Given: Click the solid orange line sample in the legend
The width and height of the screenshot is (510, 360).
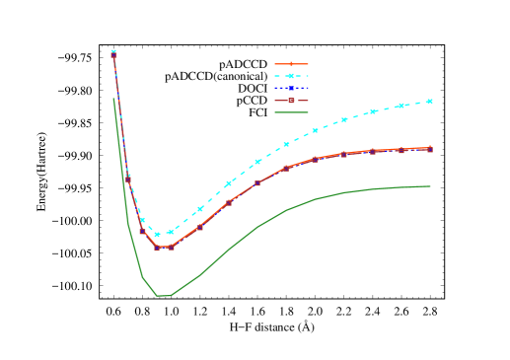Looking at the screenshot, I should pos(291,64).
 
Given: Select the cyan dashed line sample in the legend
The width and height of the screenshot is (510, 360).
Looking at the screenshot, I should pos(291,76).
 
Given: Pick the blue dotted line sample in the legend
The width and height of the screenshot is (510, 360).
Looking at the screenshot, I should pos(291,89).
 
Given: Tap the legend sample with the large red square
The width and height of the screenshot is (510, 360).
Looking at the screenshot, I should pos(291,101).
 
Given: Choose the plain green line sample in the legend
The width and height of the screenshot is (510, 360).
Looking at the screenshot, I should pos(291,112).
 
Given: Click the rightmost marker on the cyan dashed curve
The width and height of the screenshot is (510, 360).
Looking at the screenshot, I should pos(430,101).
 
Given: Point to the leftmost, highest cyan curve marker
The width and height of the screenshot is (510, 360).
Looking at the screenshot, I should pos(113,51).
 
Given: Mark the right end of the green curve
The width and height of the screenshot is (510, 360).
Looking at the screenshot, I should pos(430,186).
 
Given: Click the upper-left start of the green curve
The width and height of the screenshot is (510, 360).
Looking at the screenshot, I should pos(113,98).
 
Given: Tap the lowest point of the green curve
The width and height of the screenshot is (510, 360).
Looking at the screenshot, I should pos(164,296).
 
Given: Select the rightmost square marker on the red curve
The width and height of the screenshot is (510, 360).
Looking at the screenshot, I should pos(430,149).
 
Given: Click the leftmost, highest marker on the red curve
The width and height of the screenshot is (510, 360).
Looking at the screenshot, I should pos(113,56).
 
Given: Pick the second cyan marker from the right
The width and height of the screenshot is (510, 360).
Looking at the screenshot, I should pos(401,105).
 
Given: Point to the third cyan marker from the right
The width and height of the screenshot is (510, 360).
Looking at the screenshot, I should pos(373,111).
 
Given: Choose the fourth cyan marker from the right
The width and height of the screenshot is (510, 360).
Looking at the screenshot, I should pos(344,119).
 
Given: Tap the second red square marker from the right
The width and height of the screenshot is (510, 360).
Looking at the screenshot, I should pos(401,150).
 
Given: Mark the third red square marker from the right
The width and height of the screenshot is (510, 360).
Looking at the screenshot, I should pos(373,152).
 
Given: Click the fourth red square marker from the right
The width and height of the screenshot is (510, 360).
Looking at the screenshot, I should pos(344,155).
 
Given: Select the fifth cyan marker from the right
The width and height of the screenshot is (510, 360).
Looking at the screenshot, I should pos(316,130).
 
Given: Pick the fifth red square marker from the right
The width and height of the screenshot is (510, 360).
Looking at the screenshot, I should pos(316,160).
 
